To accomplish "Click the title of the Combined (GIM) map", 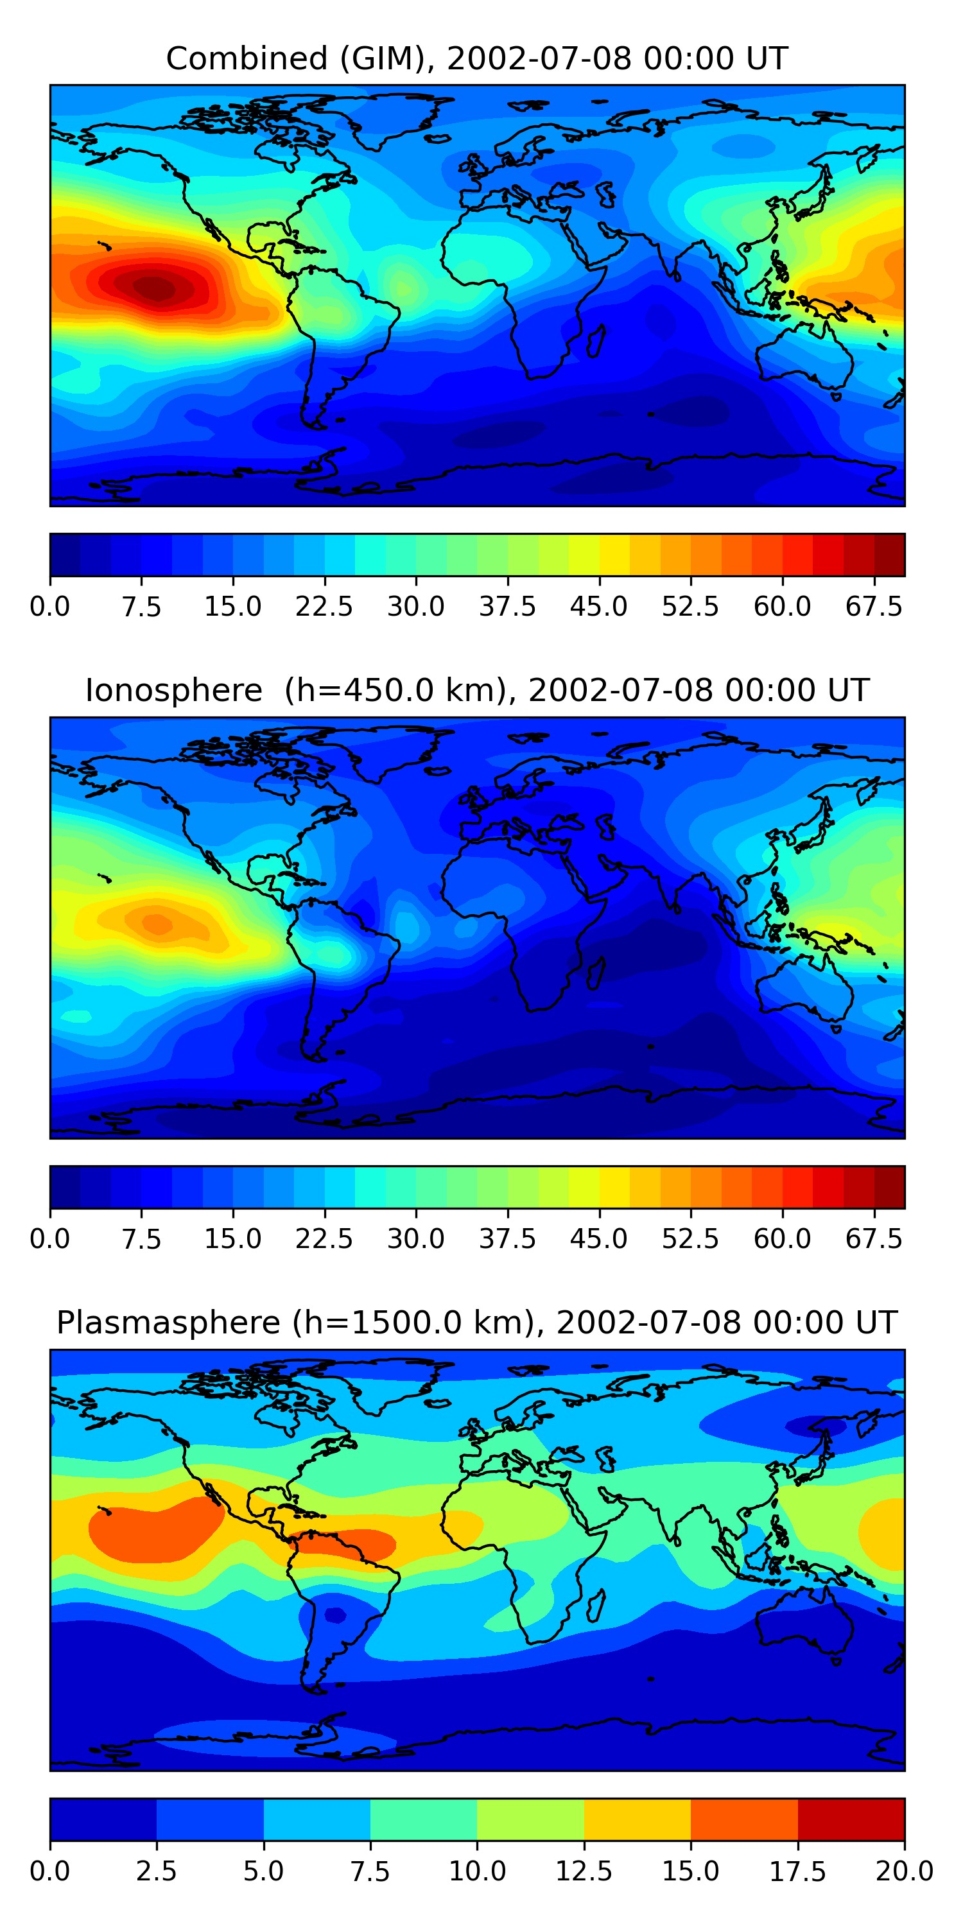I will tap(476, 58).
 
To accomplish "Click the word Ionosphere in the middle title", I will tap(173, 690).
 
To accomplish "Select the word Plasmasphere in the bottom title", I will tap(168, 1323).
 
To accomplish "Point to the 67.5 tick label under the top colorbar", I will tap(874, 606).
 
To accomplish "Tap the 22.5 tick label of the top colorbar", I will tap(324, 606).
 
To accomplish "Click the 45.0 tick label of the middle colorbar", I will tap(598, 1239).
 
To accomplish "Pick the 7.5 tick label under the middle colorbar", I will tap(141, 1239).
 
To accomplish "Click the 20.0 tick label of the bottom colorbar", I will tap(904, 1871).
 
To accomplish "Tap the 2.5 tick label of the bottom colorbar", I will tap(156, 1871).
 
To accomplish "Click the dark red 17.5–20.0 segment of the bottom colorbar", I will tap(851, 1819).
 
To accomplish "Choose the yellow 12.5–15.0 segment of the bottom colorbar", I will tap(637, 1819).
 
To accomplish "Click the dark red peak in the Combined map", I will tap(157, 288).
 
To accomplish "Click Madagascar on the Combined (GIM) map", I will tap(596, 341).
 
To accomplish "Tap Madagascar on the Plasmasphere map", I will tap(596, 1605).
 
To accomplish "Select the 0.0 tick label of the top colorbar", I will tap(49, 606).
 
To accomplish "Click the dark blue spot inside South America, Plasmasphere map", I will tap(335, 1616).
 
